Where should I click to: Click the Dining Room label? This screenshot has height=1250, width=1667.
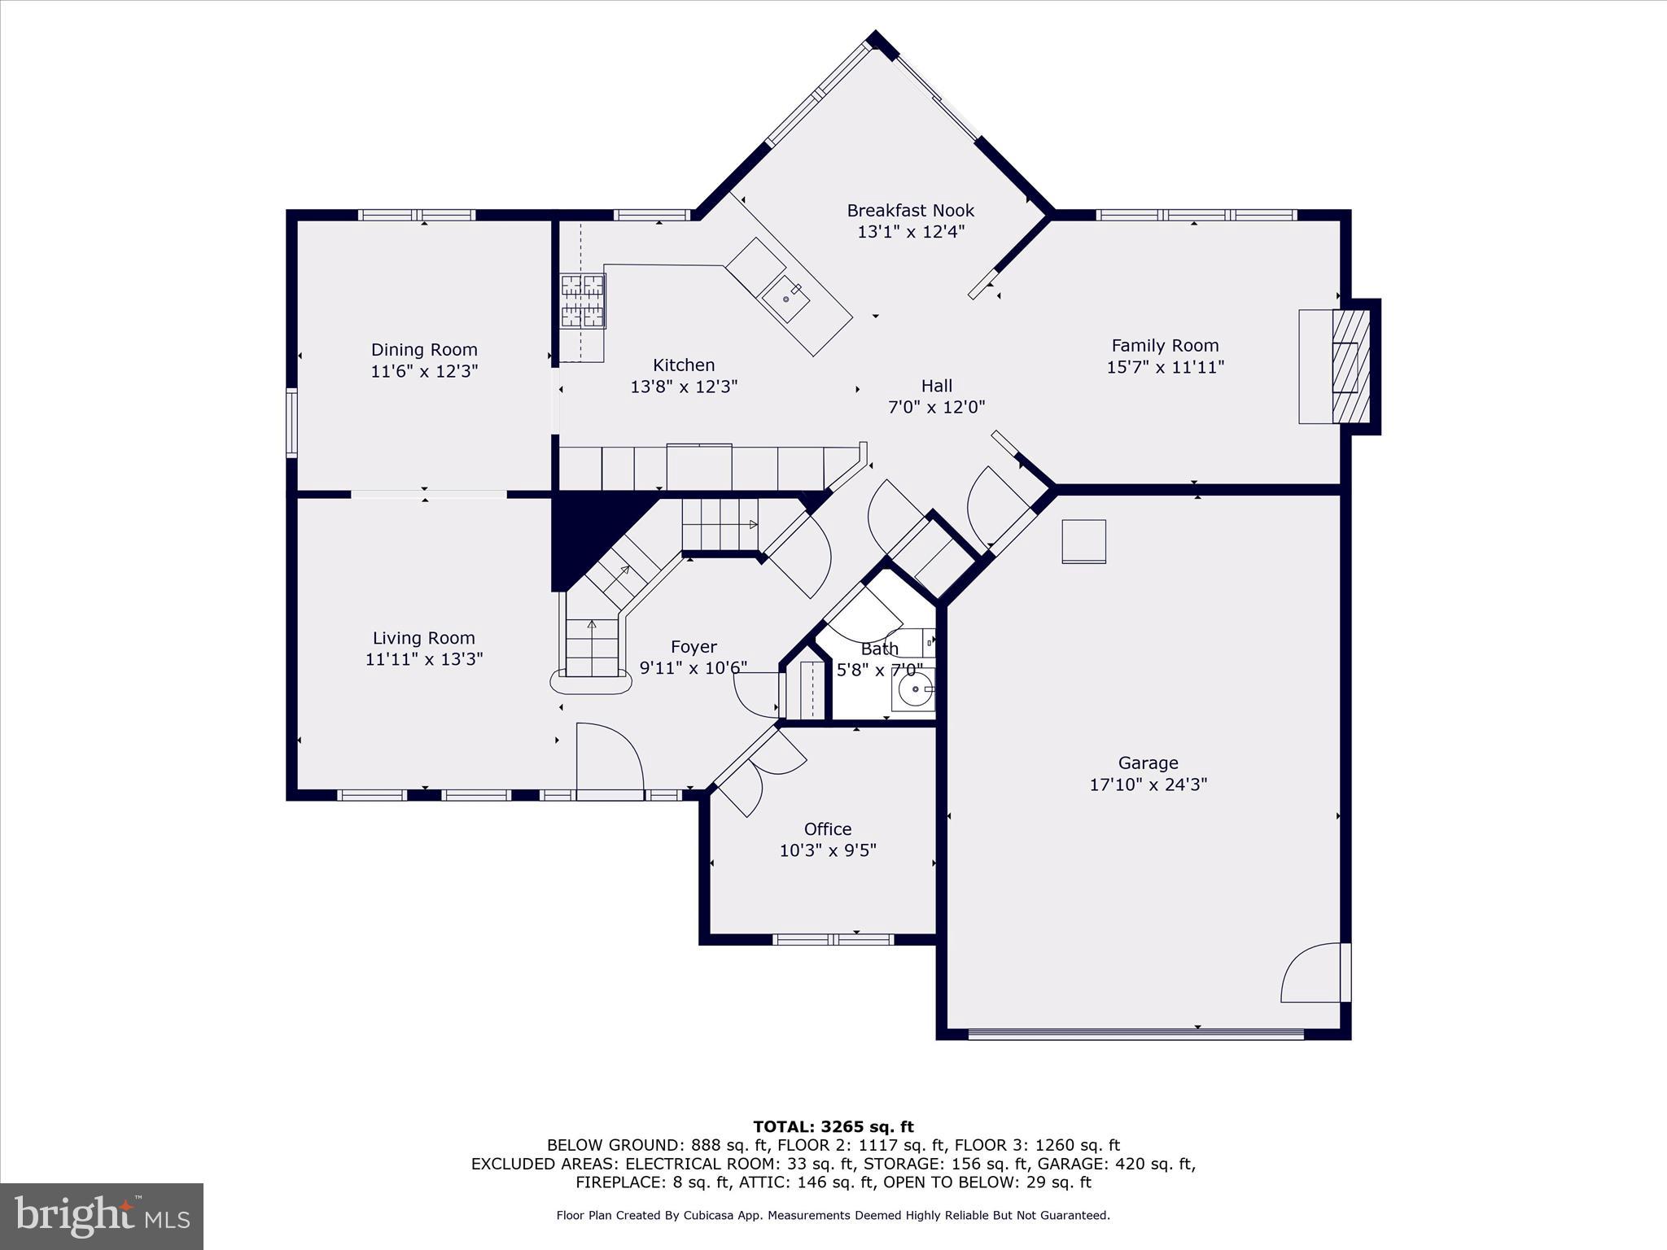(x=424, y=350)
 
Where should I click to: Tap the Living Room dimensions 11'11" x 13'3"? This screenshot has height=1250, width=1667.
(x=424, y=659)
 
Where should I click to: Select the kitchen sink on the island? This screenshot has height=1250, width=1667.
(x=785, y=299)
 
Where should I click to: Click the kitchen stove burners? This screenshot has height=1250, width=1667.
(x=583, y=301)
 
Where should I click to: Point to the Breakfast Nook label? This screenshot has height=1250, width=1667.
(x=910, y=211)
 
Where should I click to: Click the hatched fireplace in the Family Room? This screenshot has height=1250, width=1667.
(x=1351, y=366)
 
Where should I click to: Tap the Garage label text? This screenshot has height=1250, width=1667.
(x=1148, y=763)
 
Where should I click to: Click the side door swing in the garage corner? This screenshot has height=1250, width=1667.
(x=1312, y=975)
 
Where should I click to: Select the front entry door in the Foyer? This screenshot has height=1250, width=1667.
(x=609, y=757)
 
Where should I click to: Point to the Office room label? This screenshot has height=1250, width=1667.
(x=828, y=829)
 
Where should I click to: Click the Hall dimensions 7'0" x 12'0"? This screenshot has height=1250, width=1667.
(x=936, y=407)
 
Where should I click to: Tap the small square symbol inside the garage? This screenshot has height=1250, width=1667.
(x=1083, y=541)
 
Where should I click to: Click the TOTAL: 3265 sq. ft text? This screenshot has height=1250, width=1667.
(x=833, y=1127)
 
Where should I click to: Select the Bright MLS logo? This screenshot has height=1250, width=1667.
(x=102, y=1217)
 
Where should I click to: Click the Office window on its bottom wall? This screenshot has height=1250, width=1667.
(x=833, y=939)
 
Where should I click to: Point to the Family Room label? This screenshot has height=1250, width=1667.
(x=1165, y=346)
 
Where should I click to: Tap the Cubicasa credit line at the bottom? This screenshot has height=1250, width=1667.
(x=833, y=1216)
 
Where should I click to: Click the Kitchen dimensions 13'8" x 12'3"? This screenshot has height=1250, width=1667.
(x=684, y=387)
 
